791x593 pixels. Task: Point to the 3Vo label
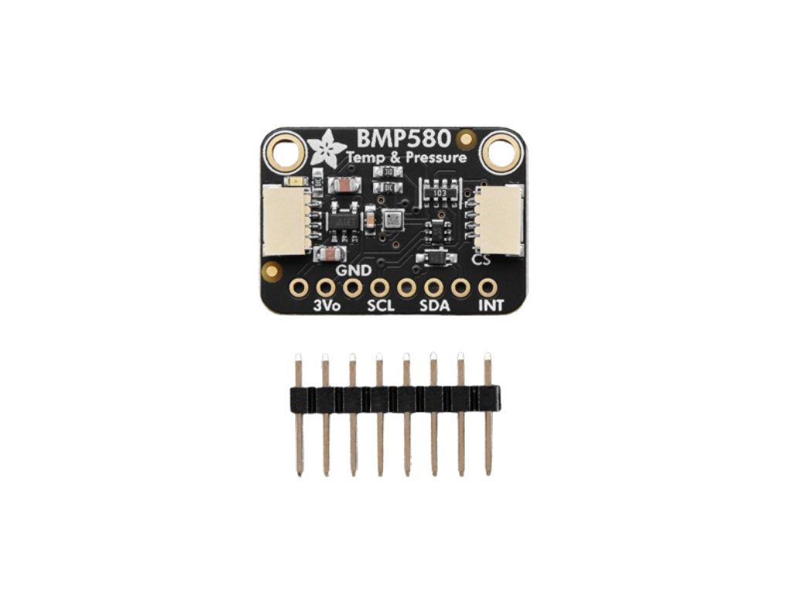coord(328,306)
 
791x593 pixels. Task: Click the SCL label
coord(380,306)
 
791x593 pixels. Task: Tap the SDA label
coord(434,306)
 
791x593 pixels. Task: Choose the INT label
coord(491,306)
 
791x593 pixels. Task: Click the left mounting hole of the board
coord(287,151)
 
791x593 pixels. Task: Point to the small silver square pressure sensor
coord(392,220)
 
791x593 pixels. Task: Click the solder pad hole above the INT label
coord(487,288)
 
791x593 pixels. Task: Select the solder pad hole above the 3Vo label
coord(325,288)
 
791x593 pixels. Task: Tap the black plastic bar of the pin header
coord(392,398)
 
